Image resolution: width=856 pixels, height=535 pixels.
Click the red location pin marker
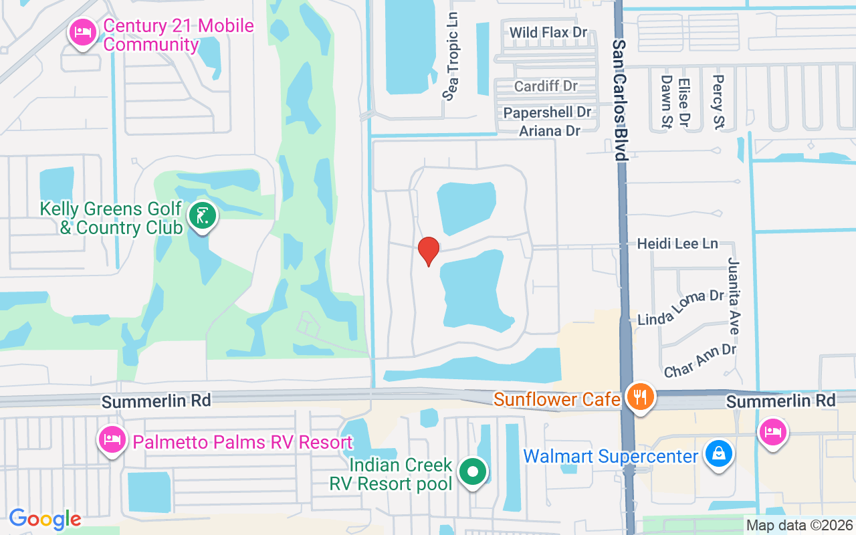point(428,251)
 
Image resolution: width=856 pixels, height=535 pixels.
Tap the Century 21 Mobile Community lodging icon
point(83,31)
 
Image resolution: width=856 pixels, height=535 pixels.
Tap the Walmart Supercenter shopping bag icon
point(718,455)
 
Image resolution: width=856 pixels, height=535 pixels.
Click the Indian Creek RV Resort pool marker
point(473,471)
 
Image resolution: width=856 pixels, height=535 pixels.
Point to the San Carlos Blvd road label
point(620,99)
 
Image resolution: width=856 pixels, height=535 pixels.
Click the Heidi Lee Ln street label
point(677,243)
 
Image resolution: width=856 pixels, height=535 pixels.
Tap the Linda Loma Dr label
point(681,307)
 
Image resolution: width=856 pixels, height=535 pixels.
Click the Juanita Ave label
point(734,296)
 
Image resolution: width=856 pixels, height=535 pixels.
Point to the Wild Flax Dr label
point(548,32)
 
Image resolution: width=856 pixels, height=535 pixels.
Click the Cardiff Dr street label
point(546,86)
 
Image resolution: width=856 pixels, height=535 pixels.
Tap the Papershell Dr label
point(548,112)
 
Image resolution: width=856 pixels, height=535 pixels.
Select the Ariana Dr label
point(550,130)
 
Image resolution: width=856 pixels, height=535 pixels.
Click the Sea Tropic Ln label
point(453,56)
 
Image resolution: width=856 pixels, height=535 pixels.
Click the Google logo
point(45,519)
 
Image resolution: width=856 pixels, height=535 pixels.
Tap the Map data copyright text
point(799,525)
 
